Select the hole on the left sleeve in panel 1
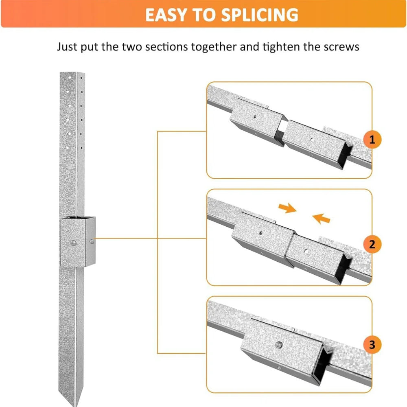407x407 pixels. tap(254, 116)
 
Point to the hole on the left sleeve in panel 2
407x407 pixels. tap(260, 234)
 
